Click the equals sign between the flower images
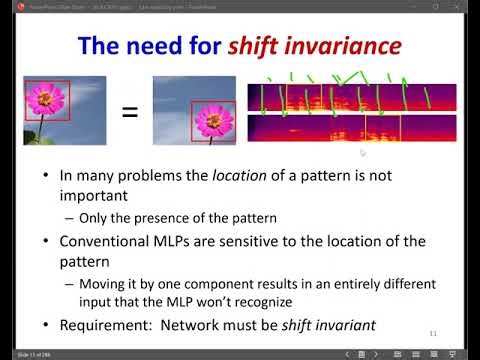[129, 111]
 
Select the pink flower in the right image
[212, 119]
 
